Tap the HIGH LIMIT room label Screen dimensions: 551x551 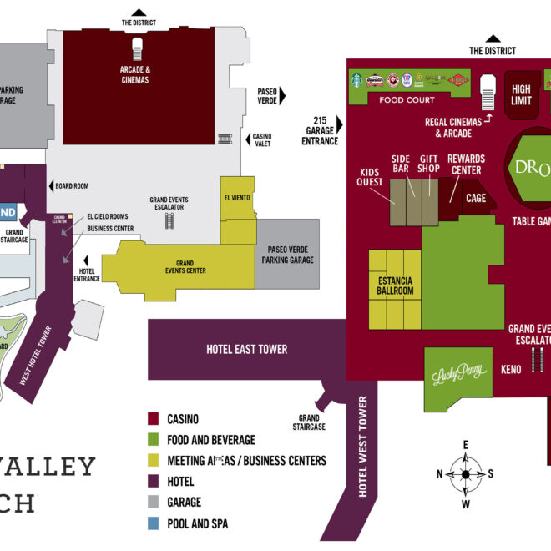click(521, 94)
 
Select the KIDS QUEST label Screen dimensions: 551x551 click(370, 177)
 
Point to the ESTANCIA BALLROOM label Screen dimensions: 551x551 click(395, 286)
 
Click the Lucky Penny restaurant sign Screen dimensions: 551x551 click(458, 375)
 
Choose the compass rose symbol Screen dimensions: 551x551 click(465, 474)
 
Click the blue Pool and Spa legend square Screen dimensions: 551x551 click(153, 523)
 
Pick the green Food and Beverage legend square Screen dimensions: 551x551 click(153, 439)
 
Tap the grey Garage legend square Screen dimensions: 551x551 click(153, 503)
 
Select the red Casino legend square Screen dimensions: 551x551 click(153, 418)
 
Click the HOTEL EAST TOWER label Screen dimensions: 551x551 click(246, 349)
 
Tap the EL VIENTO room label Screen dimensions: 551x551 click(237, 198)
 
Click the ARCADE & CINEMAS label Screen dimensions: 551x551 click(134, 74)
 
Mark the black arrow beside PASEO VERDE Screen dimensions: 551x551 click(281, 95)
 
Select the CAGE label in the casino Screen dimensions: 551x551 click(476, 198)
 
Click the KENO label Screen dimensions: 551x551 click(511, 369)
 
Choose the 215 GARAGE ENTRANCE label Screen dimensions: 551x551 click(320, 129)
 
